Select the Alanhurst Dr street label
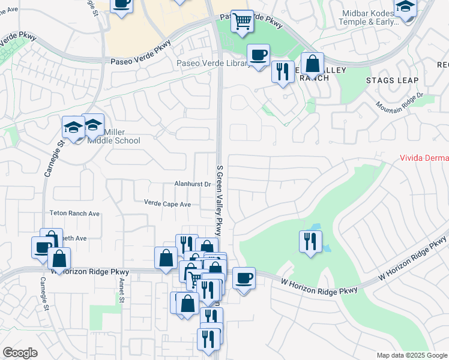(x=192, y=185)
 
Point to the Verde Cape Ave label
(x=167, y=204)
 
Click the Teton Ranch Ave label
(x=74, y=213)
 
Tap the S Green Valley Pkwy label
(x=220, y=191)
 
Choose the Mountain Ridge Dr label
(x=400, y=102)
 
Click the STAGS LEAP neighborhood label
(x=392, y=80)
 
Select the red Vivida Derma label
(x=424, y=158)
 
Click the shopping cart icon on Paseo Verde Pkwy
(x=242, y=21)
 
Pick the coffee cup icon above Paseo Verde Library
(x=259, y=55)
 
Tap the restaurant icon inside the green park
(x=310, y=241)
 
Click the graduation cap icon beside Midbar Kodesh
(x=406, y=8)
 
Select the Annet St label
(x=121, y=290)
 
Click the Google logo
(x=20, y=353)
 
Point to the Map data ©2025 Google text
(x=412, y=355)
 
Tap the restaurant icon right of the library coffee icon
(x=282, y=71)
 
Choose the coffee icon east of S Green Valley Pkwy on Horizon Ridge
(x=244, y=278)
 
